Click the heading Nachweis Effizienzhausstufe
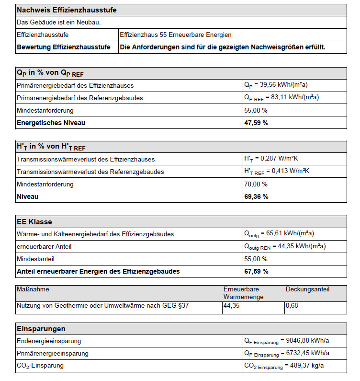(67, 10)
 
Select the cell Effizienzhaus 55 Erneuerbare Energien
(175, 35)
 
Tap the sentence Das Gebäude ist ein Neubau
(58, 23)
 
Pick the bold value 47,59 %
(256, 123)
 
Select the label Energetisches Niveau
(51, 123)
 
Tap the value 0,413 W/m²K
(290, 171)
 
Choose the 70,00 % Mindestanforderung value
(256, 184)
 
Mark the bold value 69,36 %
(256, 196)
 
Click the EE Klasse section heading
(34, 222)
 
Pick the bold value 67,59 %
(256, 271)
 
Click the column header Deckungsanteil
(307, 289)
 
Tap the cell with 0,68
(292, 305)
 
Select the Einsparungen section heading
(41, 329)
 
